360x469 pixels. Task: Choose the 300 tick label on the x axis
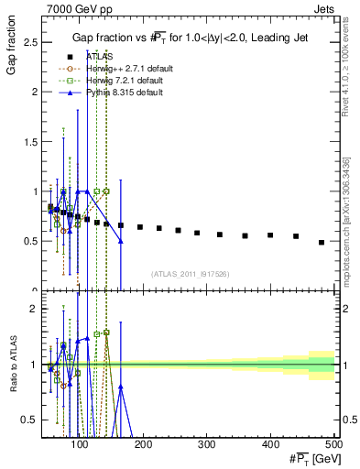click(210, 444)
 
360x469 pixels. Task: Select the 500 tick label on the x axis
click(335, 444)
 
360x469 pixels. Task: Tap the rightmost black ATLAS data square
click(322, 242)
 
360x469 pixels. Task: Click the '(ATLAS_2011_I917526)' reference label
click(189, 273)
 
